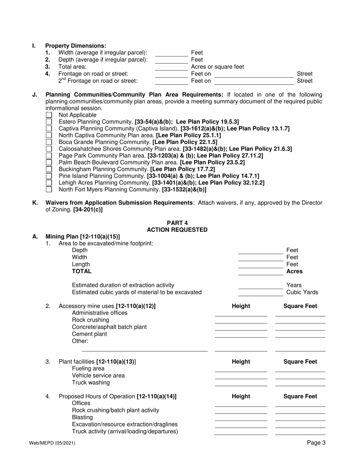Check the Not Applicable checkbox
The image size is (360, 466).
coord(49,115)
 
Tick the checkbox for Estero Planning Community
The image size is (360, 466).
coord(49,122)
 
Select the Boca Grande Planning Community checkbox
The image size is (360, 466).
coord(49,142)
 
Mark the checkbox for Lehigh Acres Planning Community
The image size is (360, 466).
coord(49,183)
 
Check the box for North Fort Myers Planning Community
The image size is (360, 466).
coord(49,189)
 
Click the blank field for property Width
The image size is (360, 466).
coord(171,53)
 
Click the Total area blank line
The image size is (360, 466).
coord(171,67)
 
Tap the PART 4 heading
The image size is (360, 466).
coord(177,223)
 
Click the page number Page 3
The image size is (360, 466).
coord(316,443)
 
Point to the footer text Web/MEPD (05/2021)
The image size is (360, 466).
coord(52,443)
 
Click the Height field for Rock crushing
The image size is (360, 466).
coord(241,321)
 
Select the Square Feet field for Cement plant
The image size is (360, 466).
coord(300,335)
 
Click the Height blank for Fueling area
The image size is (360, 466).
coord(241,369)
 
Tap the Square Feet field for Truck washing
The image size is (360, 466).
coord(300,383)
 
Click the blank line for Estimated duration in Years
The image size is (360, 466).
coord(261,286)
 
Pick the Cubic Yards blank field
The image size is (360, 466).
coord(261,293)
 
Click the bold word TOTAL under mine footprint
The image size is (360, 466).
coord(81,271)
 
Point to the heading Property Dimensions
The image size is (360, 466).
coord(76,46)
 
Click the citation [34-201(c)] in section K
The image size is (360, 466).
coord(88,209)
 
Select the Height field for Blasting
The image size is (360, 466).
coord(241,418)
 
